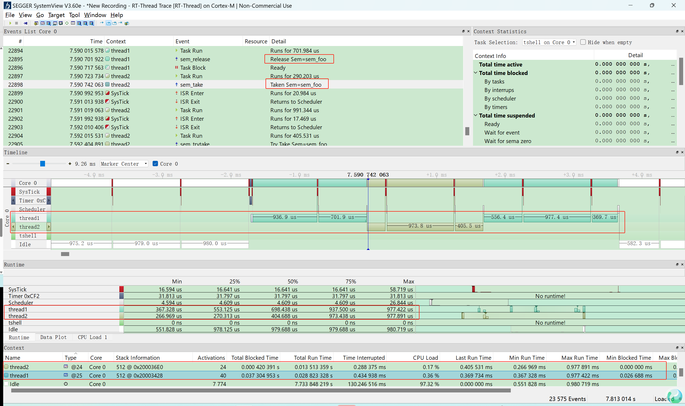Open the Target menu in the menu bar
[x=56, y=15]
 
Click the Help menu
[x=116, y=15]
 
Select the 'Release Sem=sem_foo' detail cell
[x=298, y=59]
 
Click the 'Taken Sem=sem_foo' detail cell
[x=296, y=85]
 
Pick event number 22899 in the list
[x=16, y=93]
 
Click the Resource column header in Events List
[x=256, y=41]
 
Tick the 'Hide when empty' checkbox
[x=583, y=42]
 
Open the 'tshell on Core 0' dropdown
[x=549, y=42]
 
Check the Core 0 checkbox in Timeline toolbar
[x=155, y=164]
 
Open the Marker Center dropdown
[x=124, y=164]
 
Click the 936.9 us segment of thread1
[x=284, y=217]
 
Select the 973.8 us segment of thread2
[x=420, y=226]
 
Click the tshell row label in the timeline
[x=28, y=236]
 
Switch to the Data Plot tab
[x=54, y=337]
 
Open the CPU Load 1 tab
[x=92, y=337]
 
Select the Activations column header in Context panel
[x=211, y=358]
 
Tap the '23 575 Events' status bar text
[x=567, y=399]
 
